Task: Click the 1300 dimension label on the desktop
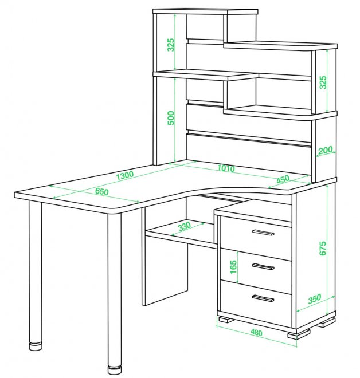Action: click(x=125, y=175)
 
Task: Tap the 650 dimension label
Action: click(x=102, y=191)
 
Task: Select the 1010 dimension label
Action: click(x=226, y=168)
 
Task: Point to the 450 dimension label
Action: click(x=283, y=179)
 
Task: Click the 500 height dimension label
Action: click(x=171, y=118)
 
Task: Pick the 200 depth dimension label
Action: click(x=326, y=150)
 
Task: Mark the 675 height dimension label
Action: click(x=323, y=249)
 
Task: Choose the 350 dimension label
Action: click(x=315, y=299)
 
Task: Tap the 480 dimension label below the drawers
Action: click(x=256, y=332)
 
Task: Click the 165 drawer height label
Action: click(x=233, y=267)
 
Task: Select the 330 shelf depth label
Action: click(x=184, y=226)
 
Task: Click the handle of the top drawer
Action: click(x=263, y=233)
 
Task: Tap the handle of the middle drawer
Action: click(x=263, y=266)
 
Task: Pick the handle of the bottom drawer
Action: click(x=263, y=298)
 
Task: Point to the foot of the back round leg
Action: click(x=35, y=346)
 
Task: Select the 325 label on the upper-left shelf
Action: click(x=171, y=45)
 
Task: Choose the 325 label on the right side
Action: click(x=323, y=82)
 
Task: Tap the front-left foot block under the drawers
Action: click(x=226, y=320)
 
